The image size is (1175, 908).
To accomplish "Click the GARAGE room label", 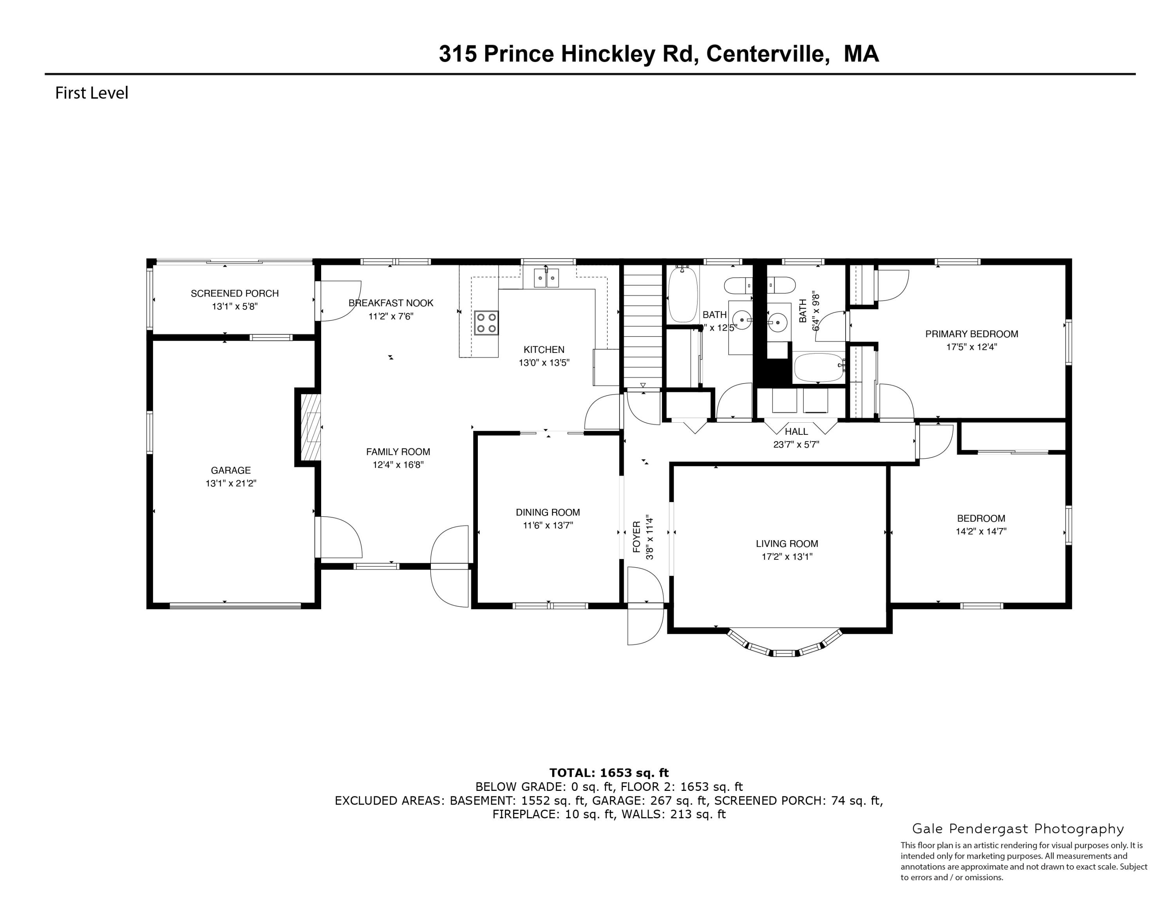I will (230, 470).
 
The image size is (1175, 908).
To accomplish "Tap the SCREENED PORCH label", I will (235, 293).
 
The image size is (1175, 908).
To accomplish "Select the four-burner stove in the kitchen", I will (486, 323).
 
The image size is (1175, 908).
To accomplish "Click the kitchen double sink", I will (546, 278).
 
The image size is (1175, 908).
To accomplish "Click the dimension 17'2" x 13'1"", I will (786, 557).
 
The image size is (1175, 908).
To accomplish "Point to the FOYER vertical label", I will (636, 537).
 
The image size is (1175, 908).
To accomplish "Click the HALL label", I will (796, 431).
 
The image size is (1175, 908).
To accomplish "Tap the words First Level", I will (92, 93).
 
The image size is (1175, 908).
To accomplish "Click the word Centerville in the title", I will (766, 54).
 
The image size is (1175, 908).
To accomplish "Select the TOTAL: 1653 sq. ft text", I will (609, 773).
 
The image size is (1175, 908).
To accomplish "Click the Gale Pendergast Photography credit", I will (1018, 829).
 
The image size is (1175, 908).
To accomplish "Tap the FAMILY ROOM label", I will (398, 452).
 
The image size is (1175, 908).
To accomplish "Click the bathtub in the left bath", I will (682, 295).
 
